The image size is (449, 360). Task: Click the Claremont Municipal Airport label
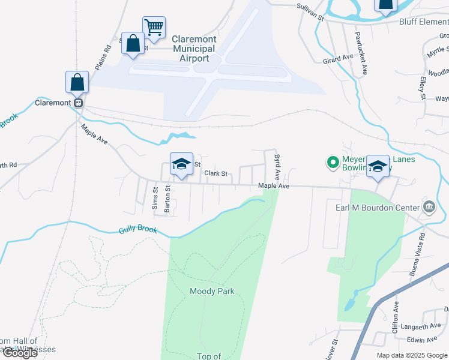tap(194, 49)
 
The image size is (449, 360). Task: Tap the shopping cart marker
tap(154, 27)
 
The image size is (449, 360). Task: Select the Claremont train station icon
tap(77, 103)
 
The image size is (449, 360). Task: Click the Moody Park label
tap(212, 292)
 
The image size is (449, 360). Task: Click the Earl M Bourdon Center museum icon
tap(429, 208)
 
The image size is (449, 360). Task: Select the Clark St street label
tap(216, 174)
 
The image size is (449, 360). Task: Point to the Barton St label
tap(168, 196)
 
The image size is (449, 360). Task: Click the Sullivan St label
tap(310, 12)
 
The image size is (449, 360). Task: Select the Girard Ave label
tap(338, 59)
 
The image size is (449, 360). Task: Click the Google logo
tap(19, 353)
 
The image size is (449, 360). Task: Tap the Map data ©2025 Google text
tap(412, 355)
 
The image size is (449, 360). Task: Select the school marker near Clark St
tap(181, 165)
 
